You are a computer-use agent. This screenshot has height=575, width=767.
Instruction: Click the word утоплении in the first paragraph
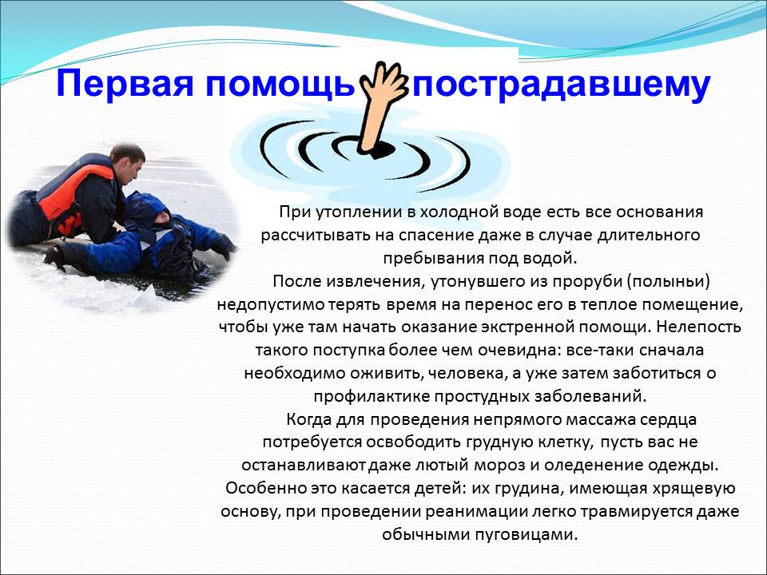(358, 212)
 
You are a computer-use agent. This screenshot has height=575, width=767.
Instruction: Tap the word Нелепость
(699, 327)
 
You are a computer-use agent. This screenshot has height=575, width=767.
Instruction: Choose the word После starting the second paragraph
(297, 282)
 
